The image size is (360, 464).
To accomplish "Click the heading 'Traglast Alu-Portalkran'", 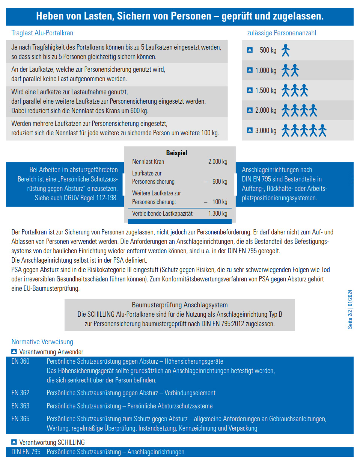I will coord(42,33).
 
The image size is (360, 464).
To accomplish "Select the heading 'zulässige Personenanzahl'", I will coord(282,33).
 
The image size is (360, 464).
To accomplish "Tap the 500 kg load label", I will coord(268,50).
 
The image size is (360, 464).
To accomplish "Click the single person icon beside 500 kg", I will coord(286,50).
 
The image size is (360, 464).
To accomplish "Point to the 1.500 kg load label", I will coord(265,91).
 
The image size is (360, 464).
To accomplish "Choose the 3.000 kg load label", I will coord(265,131).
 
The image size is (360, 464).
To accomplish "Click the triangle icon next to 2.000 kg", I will coord(250,110).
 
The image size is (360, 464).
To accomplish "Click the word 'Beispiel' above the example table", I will coord(176,153).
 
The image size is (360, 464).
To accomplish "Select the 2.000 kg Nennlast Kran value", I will coord(218,162).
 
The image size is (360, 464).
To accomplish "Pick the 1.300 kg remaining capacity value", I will coord(218,213).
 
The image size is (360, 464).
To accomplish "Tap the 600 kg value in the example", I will coord(220,181).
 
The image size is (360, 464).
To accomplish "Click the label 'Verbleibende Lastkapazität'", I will coord(162,213).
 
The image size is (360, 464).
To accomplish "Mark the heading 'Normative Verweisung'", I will coord(42,342).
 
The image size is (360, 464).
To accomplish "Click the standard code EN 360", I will coord(20,361).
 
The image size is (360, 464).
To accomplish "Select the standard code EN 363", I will coord(20,406).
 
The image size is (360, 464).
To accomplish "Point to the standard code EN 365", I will coord(20,419).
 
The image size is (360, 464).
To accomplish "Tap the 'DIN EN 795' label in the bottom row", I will coord(26,452).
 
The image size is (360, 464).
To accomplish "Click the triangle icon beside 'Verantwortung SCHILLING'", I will coord(14,442).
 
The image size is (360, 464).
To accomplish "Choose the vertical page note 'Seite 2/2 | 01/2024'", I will coord(350,309).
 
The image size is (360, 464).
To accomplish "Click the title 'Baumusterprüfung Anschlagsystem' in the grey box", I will coord(179,305).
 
